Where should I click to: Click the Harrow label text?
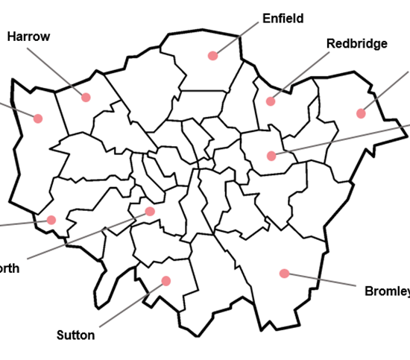29,36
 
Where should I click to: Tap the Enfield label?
283,18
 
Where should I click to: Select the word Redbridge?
357,43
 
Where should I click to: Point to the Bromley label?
387,291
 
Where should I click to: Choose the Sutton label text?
76,335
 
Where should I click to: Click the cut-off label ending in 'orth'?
10,268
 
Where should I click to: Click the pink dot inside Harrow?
86,97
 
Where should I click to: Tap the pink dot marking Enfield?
212,55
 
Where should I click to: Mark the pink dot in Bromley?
284,274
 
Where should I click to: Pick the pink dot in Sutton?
165,281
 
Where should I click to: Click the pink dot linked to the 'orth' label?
150,212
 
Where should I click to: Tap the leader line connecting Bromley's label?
321,280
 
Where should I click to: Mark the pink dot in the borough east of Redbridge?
361,113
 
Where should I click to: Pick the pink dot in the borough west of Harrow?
37,117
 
